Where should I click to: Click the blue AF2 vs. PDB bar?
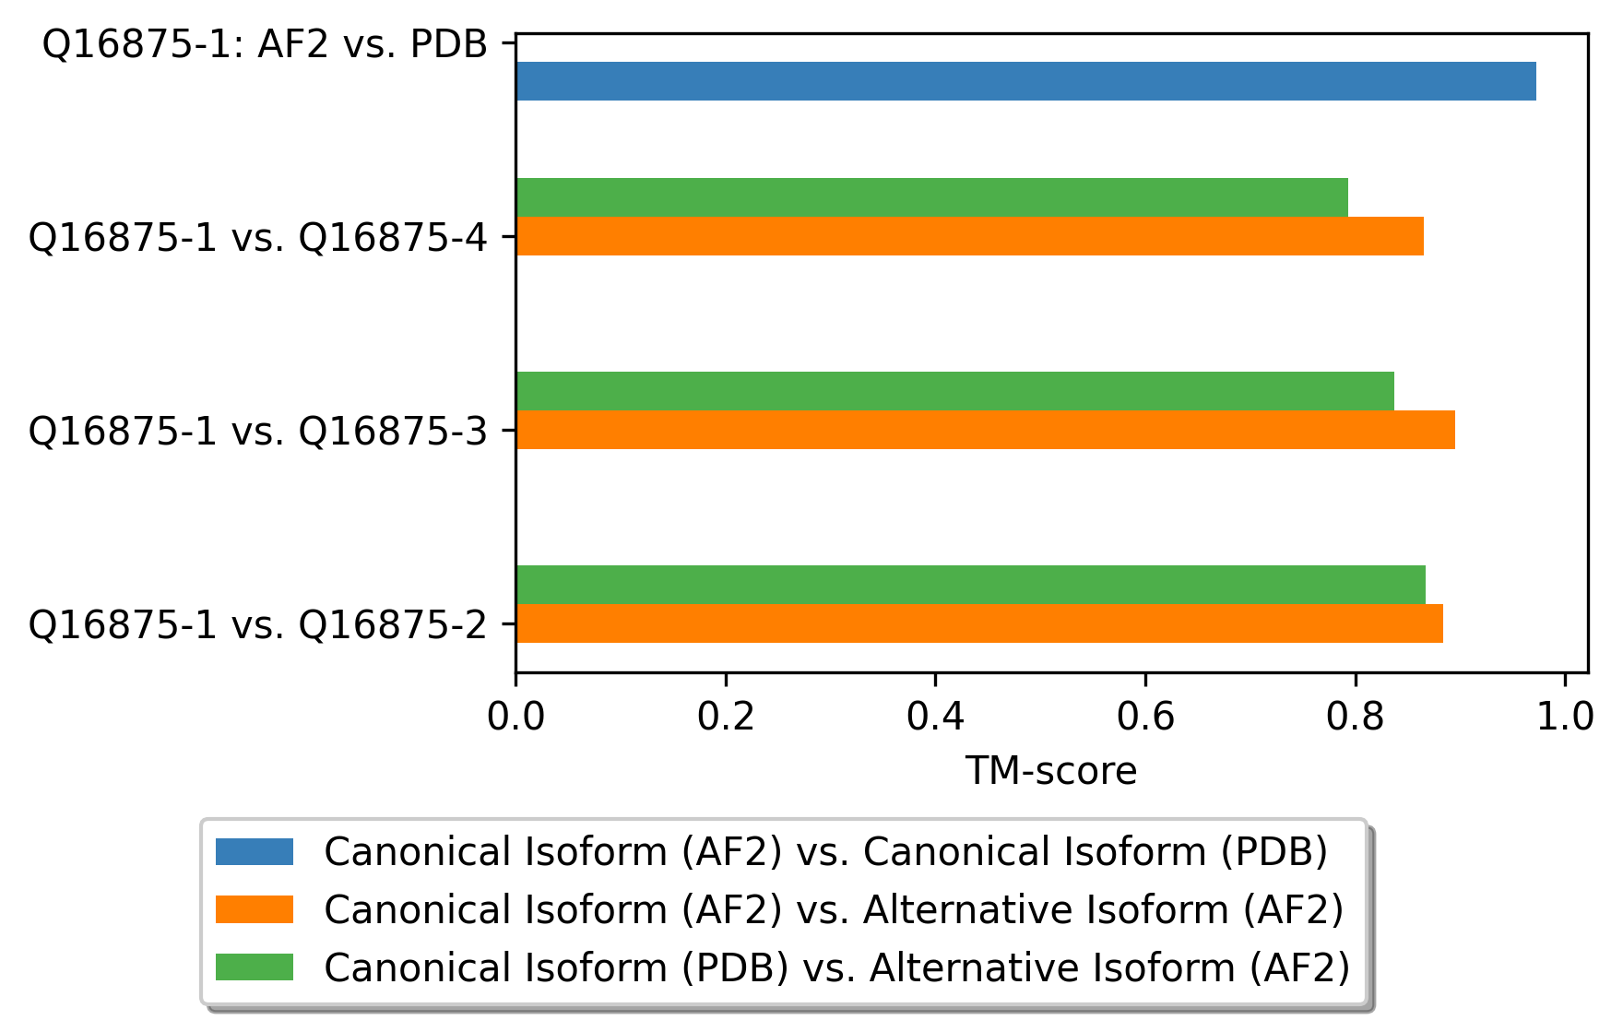click(1025, 81)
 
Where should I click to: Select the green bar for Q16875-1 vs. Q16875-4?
click(931, 197)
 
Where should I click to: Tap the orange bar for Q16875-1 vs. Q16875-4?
click(969, 236)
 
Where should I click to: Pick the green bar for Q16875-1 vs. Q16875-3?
click(954, 391)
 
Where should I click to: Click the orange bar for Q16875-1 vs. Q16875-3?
click(985, 430)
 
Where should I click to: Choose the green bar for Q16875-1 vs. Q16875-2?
click(970, 585)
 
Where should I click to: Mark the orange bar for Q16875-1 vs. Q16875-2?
click(979, 623)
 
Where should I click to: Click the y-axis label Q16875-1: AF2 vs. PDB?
click(266, 44)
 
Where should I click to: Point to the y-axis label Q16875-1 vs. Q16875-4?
click(257, 238)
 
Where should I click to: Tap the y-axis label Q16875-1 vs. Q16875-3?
click(257, 432)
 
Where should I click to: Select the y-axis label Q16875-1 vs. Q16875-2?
click(257, 625)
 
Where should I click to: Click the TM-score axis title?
click(1051, 771)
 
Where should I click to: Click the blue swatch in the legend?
click(255, 851)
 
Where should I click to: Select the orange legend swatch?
click(255, 909)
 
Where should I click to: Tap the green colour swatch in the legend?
click(255, 967)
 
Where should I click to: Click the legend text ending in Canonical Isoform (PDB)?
click(825, 851)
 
